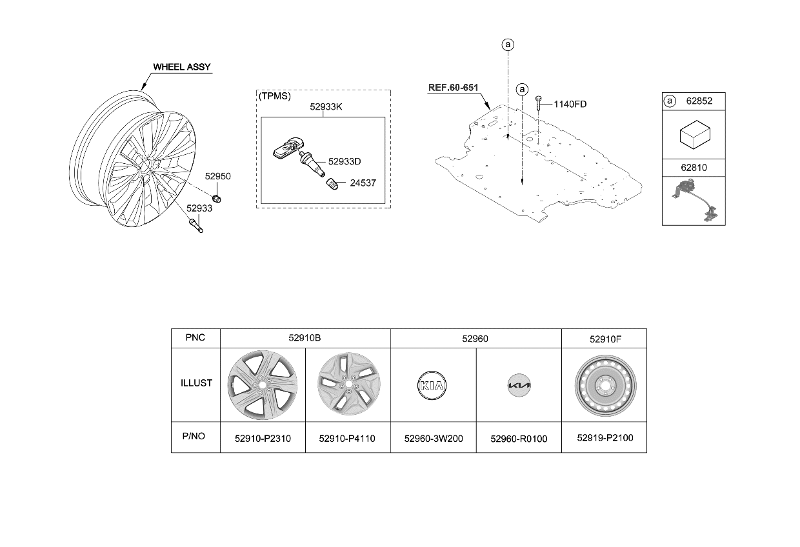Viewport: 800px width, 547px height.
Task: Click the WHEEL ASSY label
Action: pyautogui.click(x=182, y=67)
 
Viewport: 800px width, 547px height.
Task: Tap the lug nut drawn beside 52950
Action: pyautogui.click(x=216, y=199)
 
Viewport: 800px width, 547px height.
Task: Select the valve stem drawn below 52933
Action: pyautogui.click(x=195, y=225)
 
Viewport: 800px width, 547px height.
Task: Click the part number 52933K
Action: pyautogui.click(x=326, y=107)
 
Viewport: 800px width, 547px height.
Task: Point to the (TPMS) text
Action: pyautogui.click(x=275, y=96)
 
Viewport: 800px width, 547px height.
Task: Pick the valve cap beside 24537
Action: pyautogui.click(x=332, y=184)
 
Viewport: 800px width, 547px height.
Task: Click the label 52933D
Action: pyautogui.click(x=345, y=161)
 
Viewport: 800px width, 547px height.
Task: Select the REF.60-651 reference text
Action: pyautogui.click(x=453, y=88)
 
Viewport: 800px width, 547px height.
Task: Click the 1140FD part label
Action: pyautogui.click(x=570, y=104)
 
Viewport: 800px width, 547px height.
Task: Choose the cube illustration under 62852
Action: pyautogui.click(x=695, y=135)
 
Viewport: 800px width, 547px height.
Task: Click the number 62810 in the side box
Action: pyautogui.click(x=694, y=168)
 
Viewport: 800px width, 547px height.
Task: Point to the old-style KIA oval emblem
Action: pyautogui.click(x=432, y=386)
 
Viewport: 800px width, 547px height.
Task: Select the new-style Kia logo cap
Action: pyautogui.click(x=519, y=385)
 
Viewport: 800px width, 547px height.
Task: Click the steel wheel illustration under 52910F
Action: pyautogui.click(x=605, y=386)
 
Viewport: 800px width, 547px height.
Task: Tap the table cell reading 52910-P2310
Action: pyautogui.click(x=263, y=439)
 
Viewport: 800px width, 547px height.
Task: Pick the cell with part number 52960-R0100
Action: pyautogui.click(x=519, y=439)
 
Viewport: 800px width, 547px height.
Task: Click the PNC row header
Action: pyautogui.click(x=195, y=338)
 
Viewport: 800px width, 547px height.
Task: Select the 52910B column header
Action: pyautogui.click(x=305, y=338)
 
